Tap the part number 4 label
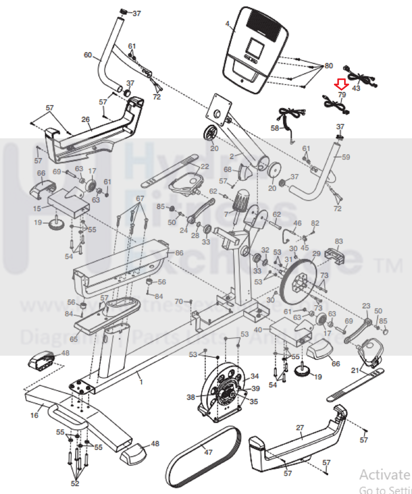click(227, 24)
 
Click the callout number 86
click(179, 253)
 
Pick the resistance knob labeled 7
click(241, 201)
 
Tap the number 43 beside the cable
click(356, 88)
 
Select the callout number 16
click(34, 415)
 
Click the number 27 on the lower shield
click(300, 428)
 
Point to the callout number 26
click(85, 119)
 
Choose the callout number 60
click(88, 55)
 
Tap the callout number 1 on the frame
click(141, 382)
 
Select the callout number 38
click(191, 397)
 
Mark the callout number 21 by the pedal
click(355, 370)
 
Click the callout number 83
click(339, 241)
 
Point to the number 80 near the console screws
click(329, 65)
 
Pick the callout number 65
click(73, 339)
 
